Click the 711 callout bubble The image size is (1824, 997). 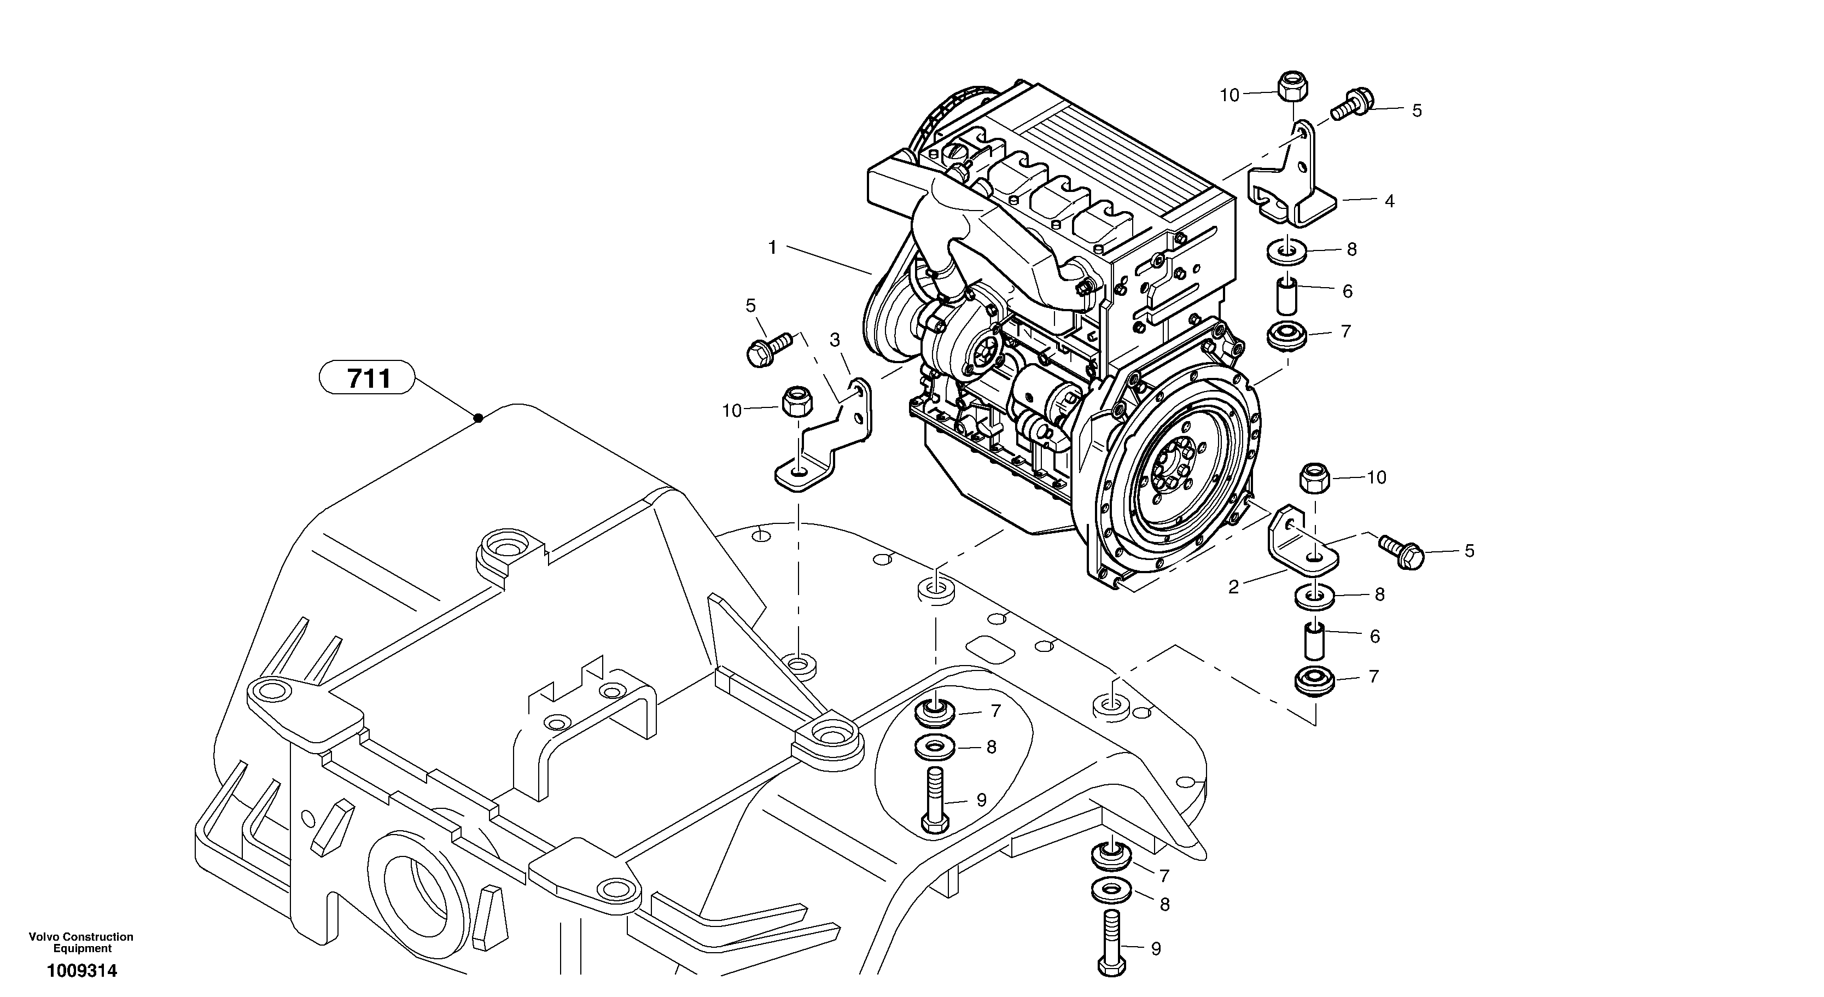click(367, 378)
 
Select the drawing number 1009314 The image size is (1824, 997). click(81, 971)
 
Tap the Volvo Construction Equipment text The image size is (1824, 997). click(81, 942)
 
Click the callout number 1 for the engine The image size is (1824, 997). click(772, 248)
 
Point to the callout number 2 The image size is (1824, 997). click(1233, 587)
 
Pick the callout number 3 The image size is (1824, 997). click(835, 341)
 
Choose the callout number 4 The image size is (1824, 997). click(1389, 202)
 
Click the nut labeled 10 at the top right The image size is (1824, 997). click(1292, 87)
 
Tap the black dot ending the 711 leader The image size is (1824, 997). click(478, 418)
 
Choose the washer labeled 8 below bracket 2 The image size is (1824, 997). click(1315, 596)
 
